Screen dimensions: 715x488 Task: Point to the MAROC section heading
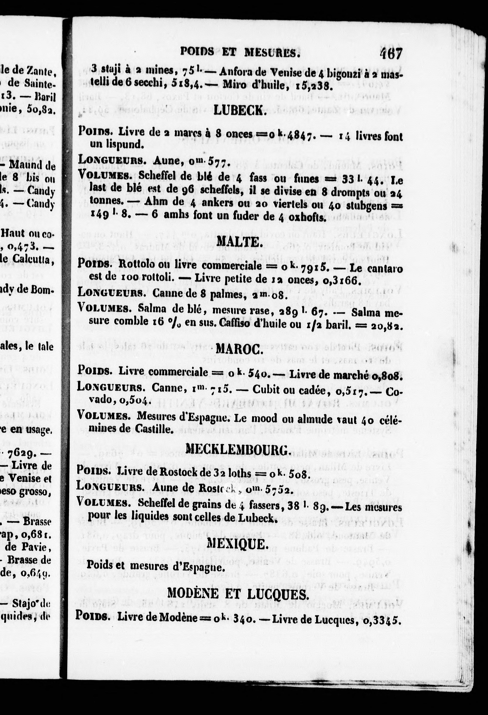click(x=239, y=349)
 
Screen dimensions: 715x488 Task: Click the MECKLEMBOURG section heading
click(x=238, y=450)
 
